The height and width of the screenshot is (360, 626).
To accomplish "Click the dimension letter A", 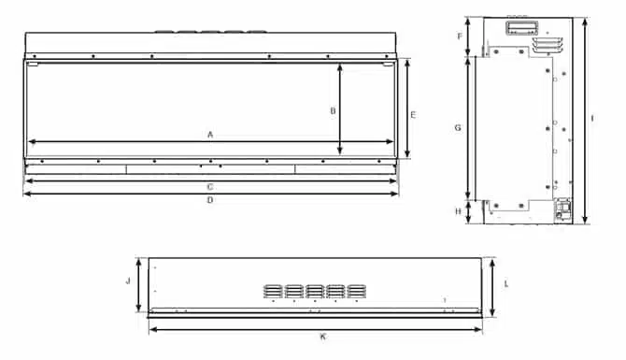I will coord(210,135).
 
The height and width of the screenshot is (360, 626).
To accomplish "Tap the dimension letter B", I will coord(333,110).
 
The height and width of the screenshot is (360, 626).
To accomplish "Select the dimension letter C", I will coord(210,186).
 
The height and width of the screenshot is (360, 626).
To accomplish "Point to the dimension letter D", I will coord(210,200).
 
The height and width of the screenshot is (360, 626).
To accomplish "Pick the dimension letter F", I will coord(460,36).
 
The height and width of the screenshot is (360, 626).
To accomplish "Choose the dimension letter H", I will coord(458,211).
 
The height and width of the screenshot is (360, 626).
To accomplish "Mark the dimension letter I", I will coord(593,119).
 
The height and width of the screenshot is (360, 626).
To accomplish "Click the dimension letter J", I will coord(128,281).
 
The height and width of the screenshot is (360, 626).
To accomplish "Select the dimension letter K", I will coord(322,336).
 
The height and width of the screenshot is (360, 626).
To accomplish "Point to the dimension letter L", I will coord(505,281).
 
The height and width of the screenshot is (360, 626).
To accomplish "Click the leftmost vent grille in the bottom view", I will coord(270,291).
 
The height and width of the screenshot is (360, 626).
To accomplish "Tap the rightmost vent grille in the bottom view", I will coord(356,291).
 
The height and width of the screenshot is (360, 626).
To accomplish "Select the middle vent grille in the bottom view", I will coord(313,291).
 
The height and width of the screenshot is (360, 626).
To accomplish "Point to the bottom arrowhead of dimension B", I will coord(341,151).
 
